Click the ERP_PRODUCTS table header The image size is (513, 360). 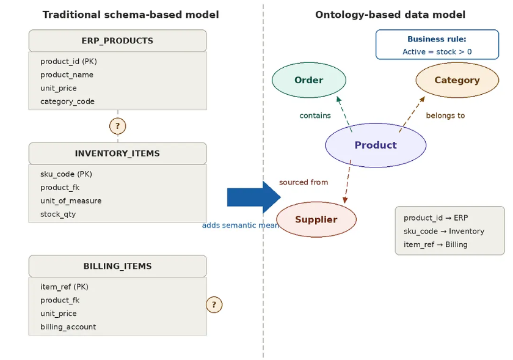coord(117,41)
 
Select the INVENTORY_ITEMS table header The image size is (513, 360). coord(117,153)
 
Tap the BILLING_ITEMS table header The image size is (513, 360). coord(117,266)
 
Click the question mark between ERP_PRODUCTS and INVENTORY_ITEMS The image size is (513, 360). coord(117,127)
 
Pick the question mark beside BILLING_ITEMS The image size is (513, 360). coord(214,304)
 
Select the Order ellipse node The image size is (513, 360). coord(308,80)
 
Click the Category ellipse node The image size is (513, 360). coord(457,80)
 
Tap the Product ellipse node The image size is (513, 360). coord(375,145)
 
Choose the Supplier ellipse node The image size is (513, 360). coord(316,219)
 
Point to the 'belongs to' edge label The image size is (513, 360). coord(445,116)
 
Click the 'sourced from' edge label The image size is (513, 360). coord(304,182)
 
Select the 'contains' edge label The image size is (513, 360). coord(315,116)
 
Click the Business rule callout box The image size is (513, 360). coord(437,45)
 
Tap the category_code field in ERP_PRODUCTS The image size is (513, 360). coord(67,101)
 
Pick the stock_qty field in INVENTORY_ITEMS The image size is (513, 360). coord(58,214)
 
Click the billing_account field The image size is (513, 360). coord(68,326)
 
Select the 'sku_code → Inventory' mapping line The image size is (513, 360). coord(443,231)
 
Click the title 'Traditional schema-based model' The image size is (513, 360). coord(131,15)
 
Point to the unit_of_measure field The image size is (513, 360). coord(71,200)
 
